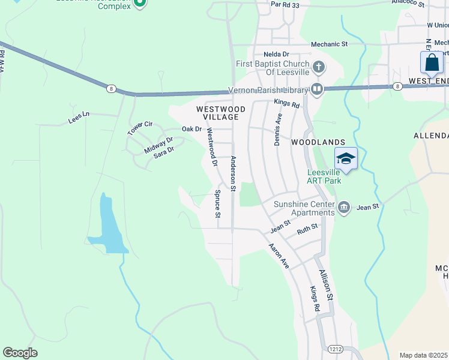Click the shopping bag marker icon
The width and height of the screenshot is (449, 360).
point(432,62)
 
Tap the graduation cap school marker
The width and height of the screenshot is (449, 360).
point(346,159)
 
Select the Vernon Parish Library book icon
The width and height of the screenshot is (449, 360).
point(317,90)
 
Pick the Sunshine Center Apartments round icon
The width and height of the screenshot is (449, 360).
point(343,208)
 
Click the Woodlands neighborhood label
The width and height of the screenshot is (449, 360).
point(318,143)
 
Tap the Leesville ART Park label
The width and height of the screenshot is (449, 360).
point(324,175)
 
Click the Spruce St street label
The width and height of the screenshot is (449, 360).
point(218,205)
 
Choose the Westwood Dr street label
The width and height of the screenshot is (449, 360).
point(211,143)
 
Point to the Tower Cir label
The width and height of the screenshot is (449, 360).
point(140,128)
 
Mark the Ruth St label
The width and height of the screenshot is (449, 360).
point(307,229)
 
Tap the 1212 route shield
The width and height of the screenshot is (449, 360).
point(336,349)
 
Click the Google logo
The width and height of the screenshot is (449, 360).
point(20,353)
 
